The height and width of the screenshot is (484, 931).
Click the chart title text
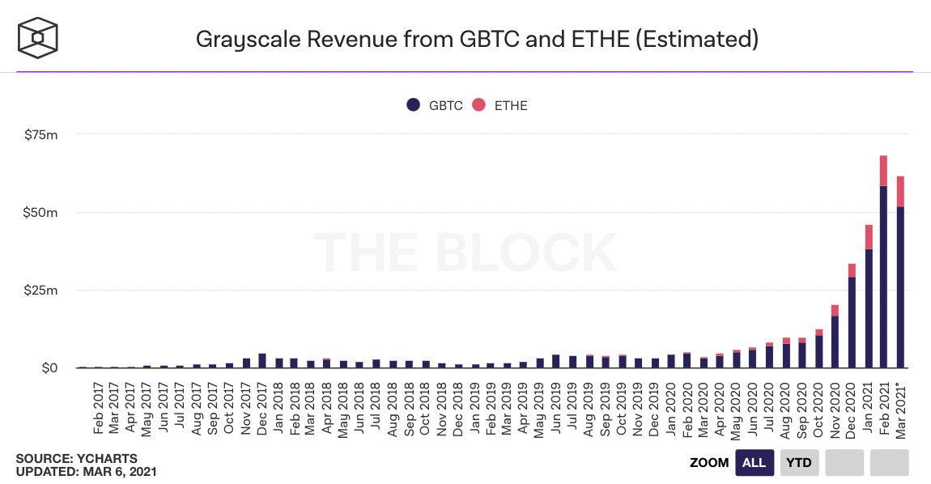(477, 39)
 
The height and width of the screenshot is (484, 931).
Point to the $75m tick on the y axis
(40, 135)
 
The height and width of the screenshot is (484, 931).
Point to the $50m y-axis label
(40, 213)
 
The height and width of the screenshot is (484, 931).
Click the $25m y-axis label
(40, 291)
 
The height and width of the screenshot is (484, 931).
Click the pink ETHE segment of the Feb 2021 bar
(884, 170)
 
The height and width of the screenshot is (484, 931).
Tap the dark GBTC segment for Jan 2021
(868, 308)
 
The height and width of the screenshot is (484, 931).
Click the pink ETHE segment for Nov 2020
(835, 310)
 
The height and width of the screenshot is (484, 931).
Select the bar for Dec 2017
(262, 361)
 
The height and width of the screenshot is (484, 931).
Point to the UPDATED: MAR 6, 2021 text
(86, 471)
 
